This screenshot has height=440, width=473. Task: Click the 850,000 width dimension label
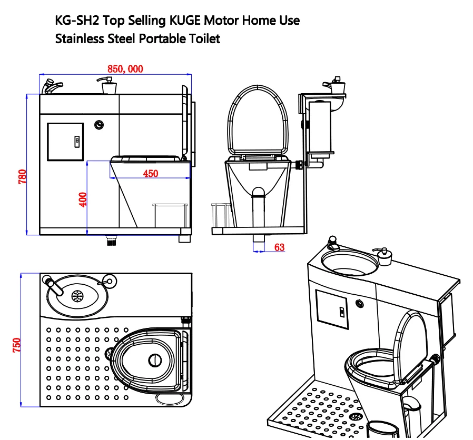point(125,69)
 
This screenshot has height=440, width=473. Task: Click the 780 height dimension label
point(22,176)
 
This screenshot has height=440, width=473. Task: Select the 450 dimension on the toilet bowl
point(150,174)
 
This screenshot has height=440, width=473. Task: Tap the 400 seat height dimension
point(83,199)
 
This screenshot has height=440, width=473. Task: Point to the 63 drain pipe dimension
point(279,247)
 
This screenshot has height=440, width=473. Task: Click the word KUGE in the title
point(189,21)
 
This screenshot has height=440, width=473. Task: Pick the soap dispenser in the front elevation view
point(107,86)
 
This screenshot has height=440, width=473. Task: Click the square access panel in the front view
point(65,142)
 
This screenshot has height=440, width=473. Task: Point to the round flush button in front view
point(98,125)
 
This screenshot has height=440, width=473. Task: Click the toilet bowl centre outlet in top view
point(155,360)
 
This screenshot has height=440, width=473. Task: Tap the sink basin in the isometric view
point(349,263)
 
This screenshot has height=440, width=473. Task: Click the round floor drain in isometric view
point(356,416)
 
